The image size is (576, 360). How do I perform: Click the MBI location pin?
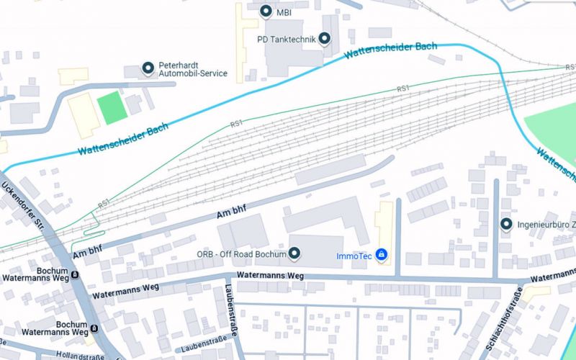266,11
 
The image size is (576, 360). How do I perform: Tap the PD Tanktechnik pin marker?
325,39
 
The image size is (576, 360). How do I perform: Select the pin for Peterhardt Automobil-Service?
148,68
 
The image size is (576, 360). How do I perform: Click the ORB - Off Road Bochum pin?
294,254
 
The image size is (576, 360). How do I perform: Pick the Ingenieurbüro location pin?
506,225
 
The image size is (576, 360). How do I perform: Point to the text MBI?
284,12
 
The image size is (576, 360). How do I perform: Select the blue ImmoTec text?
353,255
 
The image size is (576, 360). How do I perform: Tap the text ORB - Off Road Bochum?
241,254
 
